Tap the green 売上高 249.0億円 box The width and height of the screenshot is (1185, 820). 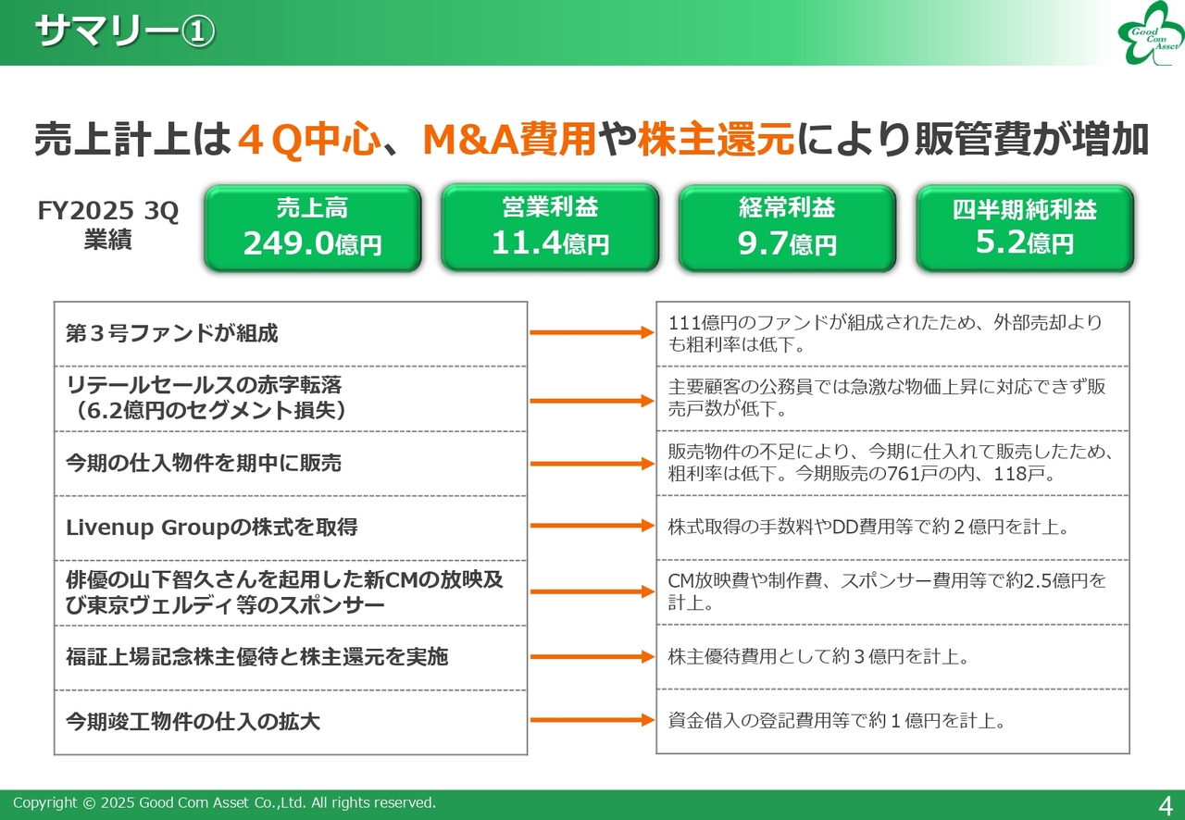pyautogui.click(x=313, y=228)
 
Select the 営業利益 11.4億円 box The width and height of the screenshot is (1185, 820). pyautogui.click(x=550, y=228)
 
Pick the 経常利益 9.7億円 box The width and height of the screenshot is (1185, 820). pyautogui.click(x=787, y=228)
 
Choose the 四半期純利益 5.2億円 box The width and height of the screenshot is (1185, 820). pyautogui.click(x=1025, y=228)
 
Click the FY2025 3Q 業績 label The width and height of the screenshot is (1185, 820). pyautogui.click(x=108, y=225)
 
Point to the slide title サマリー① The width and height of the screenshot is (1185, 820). pyautogui.click(x=125, y=31)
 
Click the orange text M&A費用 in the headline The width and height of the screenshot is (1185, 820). pyautogui.click(x=509, y=140)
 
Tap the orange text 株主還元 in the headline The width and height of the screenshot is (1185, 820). pyautogui.click(x=717, y=140)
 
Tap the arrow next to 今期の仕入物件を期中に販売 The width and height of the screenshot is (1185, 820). pyautogui.click(x=592, y=464)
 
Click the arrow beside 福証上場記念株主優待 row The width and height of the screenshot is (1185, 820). pyautogui.click(x=592, y=656)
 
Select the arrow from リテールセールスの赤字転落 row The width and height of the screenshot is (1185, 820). pyautogui.click(x=592, y=401)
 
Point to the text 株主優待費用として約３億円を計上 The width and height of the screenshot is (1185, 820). pyautogui.click(x=818, y=656)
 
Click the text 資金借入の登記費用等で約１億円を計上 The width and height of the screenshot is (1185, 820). pyautogui.click(x=837, y=721)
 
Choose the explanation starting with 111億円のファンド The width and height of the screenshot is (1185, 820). pyautogui.click(x=885, y=333)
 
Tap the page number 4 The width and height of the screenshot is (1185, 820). pyautogui.click(x=1166, y=806)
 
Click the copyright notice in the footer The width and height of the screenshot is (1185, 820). pyautogui.click(x=224, y=802)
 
